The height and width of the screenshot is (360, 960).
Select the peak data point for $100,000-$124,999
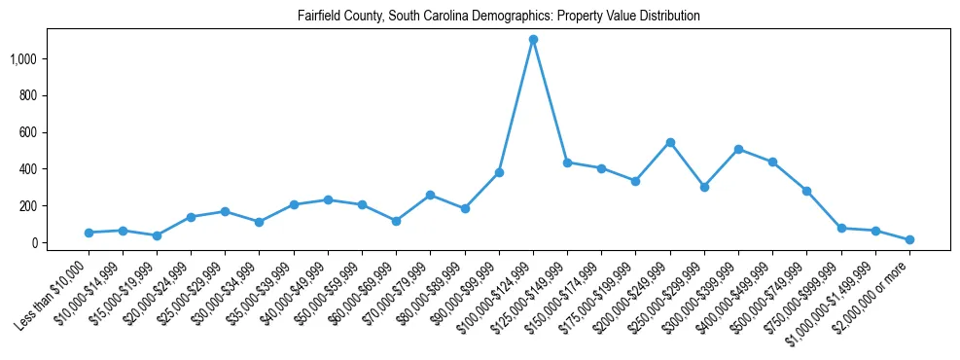533,40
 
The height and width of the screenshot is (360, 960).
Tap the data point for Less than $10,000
89,233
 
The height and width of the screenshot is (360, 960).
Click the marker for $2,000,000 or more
909,239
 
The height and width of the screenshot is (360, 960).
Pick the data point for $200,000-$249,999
670,142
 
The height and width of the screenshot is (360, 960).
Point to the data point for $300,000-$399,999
738,149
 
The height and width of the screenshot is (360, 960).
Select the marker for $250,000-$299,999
704,187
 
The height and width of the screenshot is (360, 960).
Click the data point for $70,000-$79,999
430,195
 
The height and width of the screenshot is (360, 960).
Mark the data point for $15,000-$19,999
157,235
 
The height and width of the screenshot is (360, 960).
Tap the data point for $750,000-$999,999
841,228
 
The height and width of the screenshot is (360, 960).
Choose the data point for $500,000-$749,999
806,191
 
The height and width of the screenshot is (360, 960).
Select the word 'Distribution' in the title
665,17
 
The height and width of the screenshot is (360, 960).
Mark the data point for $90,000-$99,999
499,172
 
